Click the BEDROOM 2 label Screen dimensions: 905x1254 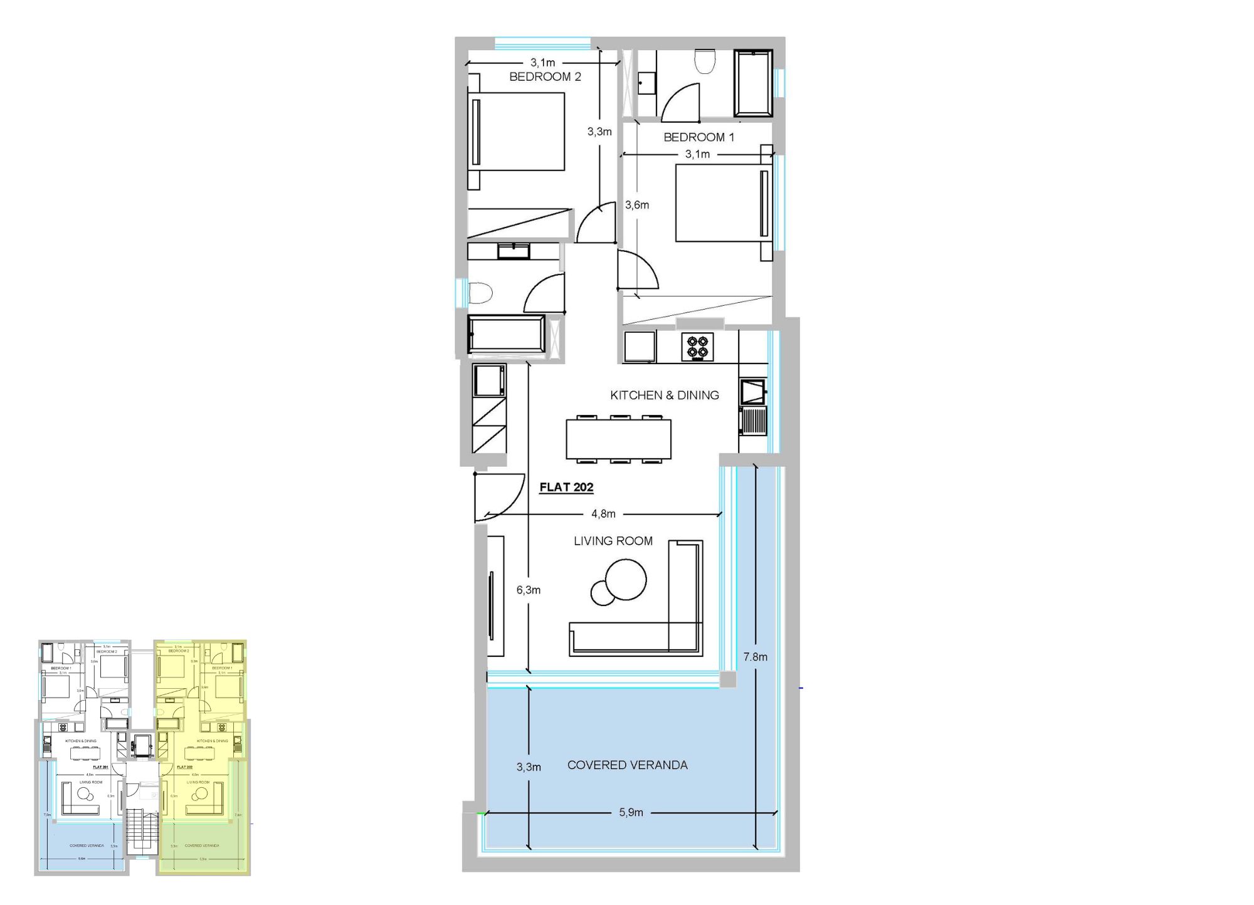545,76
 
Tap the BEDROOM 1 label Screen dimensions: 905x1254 698,137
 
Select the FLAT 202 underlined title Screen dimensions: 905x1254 566,487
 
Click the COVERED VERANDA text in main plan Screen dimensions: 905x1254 627,765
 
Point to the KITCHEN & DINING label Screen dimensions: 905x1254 664,395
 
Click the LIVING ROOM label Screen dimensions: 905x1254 613,541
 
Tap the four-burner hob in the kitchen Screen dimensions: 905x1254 698,347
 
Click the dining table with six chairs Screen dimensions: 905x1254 618,439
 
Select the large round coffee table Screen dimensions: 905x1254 626,579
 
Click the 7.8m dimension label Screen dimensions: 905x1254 755,657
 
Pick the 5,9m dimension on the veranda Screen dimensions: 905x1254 631,812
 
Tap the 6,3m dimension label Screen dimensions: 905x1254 528,590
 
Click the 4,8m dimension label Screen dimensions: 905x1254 603,514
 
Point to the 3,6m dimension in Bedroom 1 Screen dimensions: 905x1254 637,205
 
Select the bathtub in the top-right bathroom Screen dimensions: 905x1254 753,83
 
